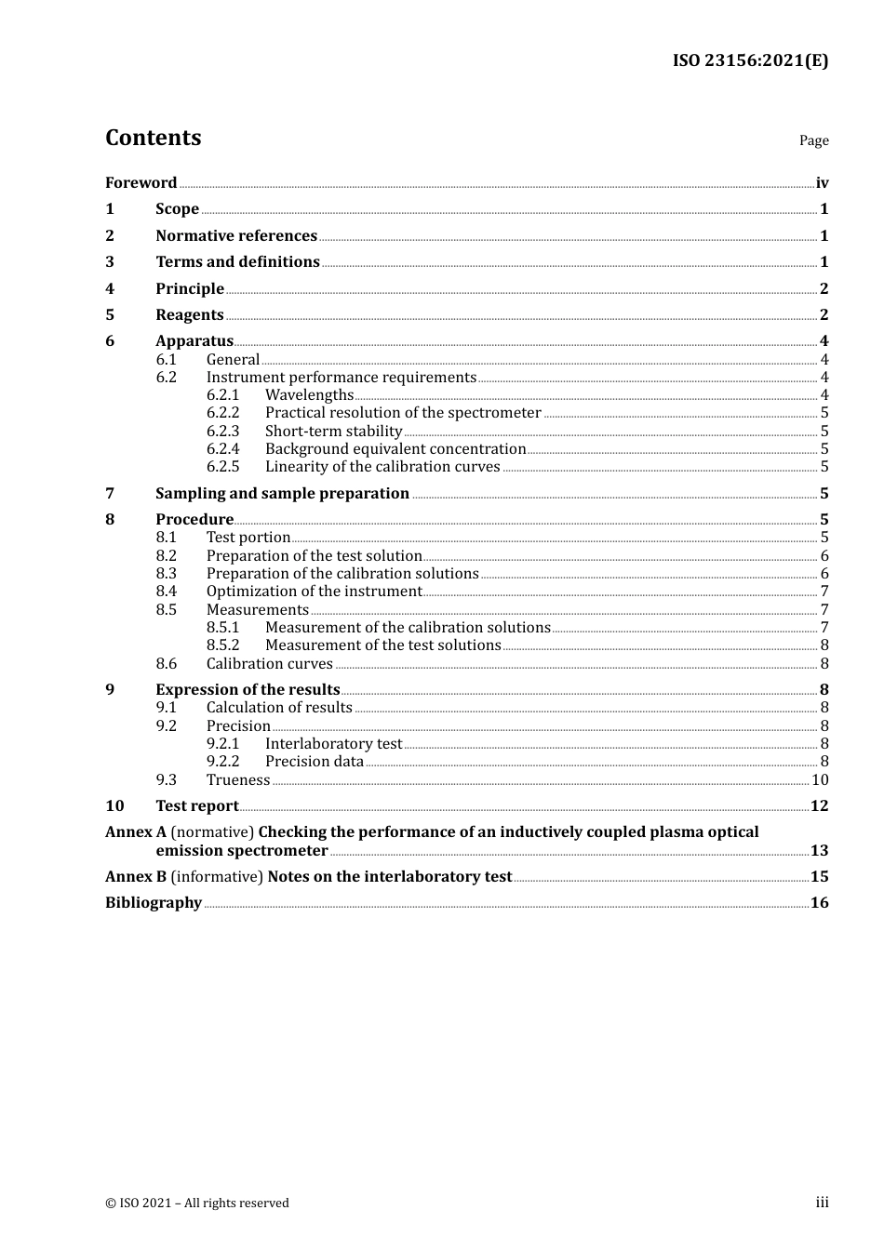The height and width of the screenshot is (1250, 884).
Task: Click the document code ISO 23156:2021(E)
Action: coord(750,60)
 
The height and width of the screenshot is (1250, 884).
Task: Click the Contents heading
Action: coord(153,138)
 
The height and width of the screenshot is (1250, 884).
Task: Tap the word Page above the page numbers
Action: coord(813,140)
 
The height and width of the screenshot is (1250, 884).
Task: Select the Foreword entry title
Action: coord(141,183)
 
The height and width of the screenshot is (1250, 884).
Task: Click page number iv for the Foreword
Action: coord(822,183)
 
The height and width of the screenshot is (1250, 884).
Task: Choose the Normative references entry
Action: coord(236,236)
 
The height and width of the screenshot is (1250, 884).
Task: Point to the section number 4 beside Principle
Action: coord(110,289)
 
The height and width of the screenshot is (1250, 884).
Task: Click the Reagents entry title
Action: coord(190,315)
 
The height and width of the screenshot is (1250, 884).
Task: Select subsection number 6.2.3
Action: coord(222,432)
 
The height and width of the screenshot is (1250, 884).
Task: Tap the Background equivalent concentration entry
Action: coord(395,449)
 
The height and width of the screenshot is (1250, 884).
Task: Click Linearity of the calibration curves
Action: coord(382,467)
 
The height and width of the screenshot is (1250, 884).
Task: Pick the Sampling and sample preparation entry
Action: coord(282,494)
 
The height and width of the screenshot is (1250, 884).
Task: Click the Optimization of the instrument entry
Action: coord(314,592)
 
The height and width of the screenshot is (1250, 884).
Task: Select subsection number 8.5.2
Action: coord(222,645)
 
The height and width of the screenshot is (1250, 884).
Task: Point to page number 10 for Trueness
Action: coord(820,780)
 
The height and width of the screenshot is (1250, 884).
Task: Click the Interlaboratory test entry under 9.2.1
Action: coord(333,744)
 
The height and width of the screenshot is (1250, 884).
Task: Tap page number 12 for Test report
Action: coord(819,806)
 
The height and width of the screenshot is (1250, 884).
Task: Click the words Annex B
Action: coord(136,877)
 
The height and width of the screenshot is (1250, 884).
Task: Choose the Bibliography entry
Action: coord(154,903)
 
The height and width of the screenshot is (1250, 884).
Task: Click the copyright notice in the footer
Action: coord(197,1203)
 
